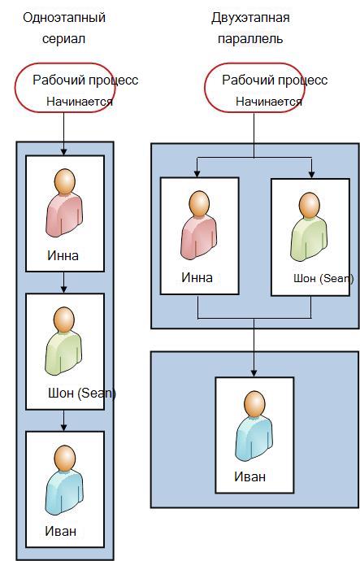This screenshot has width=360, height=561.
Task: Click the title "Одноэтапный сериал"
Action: pyautogui.click(x=64, y=28)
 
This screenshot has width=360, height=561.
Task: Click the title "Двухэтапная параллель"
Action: pyautogui.click(x=250, y=28)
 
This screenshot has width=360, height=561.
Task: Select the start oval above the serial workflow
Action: pyautogui.click(x=64, y=88)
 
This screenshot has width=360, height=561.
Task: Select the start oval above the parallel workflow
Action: pyautogui.click(x=254, y=88)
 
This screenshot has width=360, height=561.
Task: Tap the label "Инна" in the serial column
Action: pyautogui.click(x=63, y=255)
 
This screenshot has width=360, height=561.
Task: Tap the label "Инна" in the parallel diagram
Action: pyautogui.click(x=197, y=277)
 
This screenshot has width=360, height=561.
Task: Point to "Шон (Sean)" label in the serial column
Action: pyautogui.click(x=82, y=394)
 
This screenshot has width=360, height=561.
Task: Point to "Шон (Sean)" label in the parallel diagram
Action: pyautogui.click(x=323, y=278)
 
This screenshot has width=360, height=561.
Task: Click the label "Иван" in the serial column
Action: pyautogui.click(x=60, y=531)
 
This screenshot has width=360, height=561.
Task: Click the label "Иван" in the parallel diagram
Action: pyautogui.click(x=250, y=476)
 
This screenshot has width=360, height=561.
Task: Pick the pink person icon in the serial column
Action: pyautogui.click(x=65, y=203)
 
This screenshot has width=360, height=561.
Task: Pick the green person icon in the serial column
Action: pyautogui.click(x=64, y=341)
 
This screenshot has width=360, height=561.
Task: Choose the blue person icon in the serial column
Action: pyautogui.click(x=65, y=480)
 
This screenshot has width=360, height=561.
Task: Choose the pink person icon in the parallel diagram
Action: pyautogui.click(x=199, y=225)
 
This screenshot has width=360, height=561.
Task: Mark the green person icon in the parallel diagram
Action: pyautogui.click(x=309, y=227)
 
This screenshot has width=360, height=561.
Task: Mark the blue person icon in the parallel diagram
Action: pyautogui.click(x=254, y=425)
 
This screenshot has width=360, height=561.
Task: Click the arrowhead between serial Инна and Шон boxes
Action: pyautogui.click(x=63, y=289)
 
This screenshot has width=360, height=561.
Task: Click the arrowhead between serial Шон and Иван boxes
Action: pyautogui.click(x=63, y=427)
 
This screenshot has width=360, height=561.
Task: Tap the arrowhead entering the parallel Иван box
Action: pyautogui.click(x=254, y=373)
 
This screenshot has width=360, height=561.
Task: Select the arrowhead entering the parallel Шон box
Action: pyautogui.click(x=312, y=174)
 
